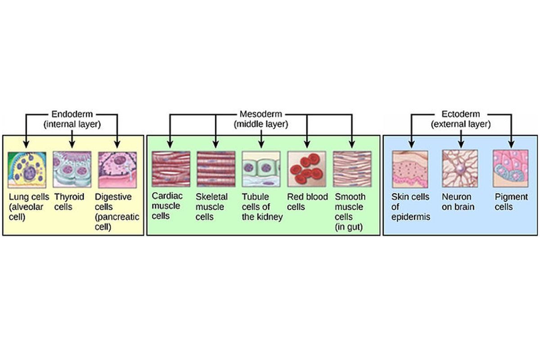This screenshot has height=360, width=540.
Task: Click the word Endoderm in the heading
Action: click(x=72, y=114)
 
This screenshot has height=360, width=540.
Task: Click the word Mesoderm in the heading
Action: click(x=261, y=114)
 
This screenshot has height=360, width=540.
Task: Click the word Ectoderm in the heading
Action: click(x=461, y=114)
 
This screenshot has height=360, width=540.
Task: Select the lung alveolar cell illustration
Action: click(x=27, y=169)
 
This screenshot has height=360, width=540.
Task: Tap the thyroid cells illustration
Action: click(x=72, y=169)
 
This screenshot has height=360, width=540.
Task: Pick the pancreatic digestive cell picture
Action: click(x=117, y=169)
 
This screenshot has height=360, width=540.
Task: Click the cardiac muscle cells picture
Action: click(x=171, y=169)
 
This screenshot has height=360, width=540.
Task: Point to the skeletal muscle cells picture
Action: click(x=216, y=169)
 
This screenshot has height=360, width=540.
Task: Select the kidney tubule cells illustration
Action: click(x=261, y=169)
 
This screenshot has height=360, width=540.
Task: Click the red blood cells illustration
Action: click(x=306, y=169)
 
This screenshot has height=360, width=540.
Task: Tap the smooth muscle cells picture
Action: click(x=352, y=169)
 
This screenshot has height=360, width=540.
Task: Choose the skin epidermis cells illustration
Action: click(x=410, y=169)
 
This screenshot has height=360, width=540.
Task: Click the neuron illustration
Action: click(x=460, y=169)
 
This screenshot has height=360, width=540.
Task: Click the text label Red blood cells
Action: click(x=307, y=202)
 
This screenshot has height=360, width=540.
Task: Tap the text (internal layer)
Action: click(x=72, y=124)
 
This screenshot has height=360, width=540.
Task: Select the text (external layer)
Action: click(x=461, y=124)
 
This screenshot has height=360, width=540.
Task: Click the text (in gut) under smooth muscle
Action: click(x=349, y=227)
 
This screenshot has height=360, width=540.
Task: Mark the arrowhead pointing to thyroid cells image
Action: click(x=72, y=145)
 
